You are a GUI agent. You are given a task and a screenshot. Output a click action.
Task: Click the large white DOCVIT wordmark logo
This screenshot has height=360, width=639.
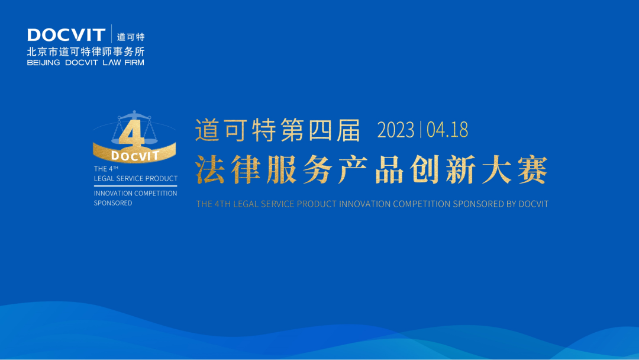pyautogui.click(x=66, y=35)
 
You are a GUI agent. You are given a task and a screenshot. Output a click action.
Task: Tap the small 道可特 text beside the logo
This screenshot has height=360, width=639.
pyautogui.click(x=131, y=37)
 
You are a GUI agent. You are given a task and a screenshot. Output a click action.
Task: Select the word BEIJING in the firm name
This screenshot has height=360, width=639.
pyautogui.click(x=43, y=62)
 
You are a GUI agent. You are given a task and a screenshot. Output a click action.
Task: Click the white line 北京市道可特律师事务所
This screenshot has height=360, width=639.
pyautogui.click(x=86, y=52)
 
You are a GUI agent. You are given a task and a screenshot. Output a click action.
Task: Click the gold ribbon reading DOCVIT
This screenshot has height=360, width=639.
pyautogui.click(x=135, y=156)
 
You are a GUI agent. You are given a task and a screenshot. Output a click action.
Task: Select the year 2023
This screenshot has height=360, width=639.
pyautogui.click(x=396, y=130)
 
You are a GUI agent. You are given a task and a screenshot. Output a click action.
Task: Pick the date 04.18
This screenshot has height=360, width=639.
pyautogui.click(x=447, y=130)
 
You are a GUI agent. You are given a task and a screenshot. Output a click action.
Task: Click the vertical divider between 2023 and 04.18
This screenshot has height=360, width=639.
pyautogui.click(x=421, y=130)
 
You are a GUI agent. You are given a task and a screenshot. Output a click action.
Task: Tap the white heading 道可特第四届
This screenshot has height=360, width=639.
pyautogui.click(x=277, y=130)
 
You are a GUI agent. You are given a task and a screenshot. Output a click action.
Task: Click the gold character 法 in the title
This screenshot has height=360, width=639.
pyautogui.click(x=210, y=170)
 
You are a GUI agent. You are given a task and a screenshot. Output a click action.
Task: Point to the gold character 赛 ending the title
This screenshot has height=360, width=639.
pyautogui.click(x=532, y=170)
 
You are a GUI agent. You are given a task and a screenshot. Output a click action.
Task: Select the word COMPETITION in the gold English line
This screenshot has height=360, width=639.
pyautogui.click(x=421, y=204)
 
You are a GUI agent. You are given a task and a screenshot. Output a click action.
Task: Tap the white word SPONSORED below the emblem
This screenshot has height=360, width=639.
pyautogui.click(x=113, y=203)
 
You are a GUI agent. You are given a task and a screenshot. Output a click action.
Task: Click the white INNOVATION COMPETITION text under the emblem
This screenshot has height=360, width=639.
pyautogui.click(x=135, y=193)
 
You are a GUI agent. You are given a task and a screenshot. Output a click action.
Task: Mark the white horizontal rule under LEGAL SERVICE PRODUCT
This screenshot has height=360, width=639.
pyautogui.click(x=135, y=185)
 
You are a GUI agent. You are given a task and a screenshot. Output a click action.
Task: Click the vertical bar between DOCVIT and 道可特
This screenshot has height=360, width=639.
pyautogui.click(x=111, y=35)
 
